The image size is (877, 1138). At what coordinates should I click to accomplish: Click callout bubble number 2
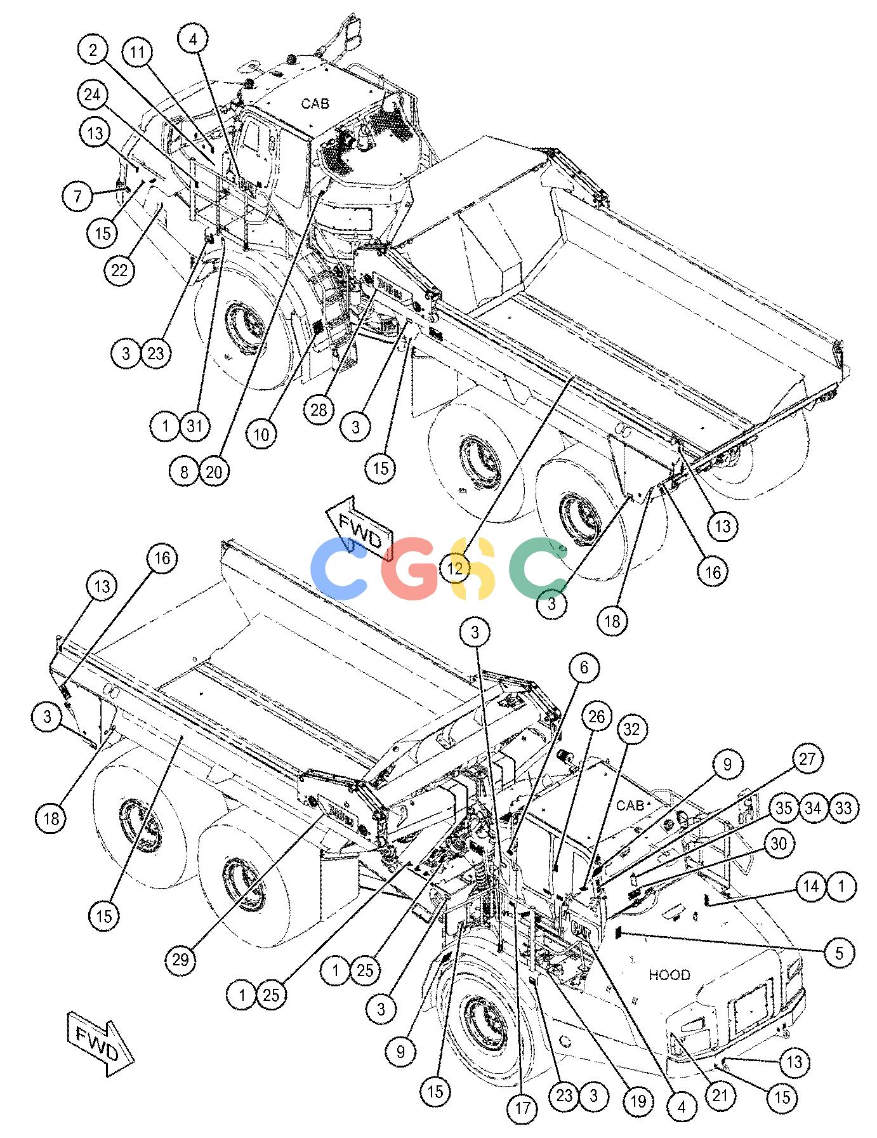pos(94,50)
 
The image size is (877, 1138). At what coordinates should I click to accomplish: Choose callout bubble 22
pos(119,270)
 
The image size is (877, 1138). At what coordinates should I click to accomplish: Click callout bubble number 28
pos(319,410)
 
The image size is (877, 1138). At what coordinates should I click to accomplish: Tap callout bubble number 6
pos(584,667)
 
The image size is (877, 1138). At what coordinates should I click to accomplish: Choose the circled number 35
pos(784,808)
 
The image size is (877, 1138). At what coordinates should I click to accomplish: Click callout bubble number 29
pos(180,958)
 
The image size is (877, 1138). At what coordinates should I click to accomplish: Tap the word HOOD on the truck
pos(669,974)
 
